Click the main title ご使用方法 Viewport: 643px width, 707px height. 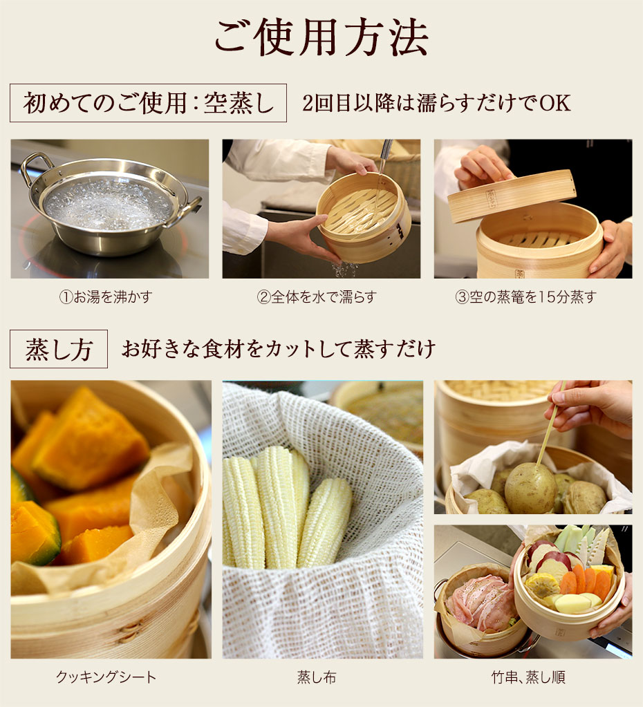[x=321, y=37]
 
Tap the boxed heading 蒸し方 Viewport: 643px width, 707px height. [x=59, y=349]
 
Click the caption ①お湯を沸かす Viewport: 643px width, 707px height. [x=105, y=297]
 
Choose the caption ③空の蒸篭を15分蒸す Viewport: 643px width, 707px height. [x=525, y=297]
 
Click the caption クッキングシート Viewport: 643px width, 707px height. [x=106, y=677]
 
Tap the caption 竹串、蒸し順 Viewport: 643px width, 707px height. [x=530, y=677]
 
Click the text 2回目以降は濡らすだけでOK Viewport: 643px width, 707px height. [x=436, y=103]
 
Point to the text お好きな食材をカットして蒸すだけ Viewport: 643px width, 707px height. [x=278, y=349]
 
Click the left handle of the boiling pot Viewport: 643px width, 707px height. [x=32, y=166]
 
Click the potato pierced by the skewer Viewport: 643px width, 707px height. [x=530, y=488]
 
